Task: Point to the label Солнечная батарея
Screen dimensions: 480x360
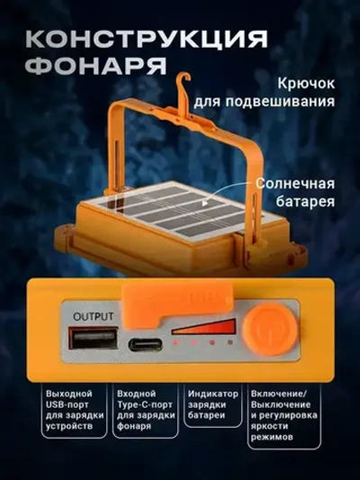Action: coord(297,191)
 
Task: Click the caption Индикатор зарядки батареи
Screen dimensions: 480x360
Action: coord(213,406)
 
